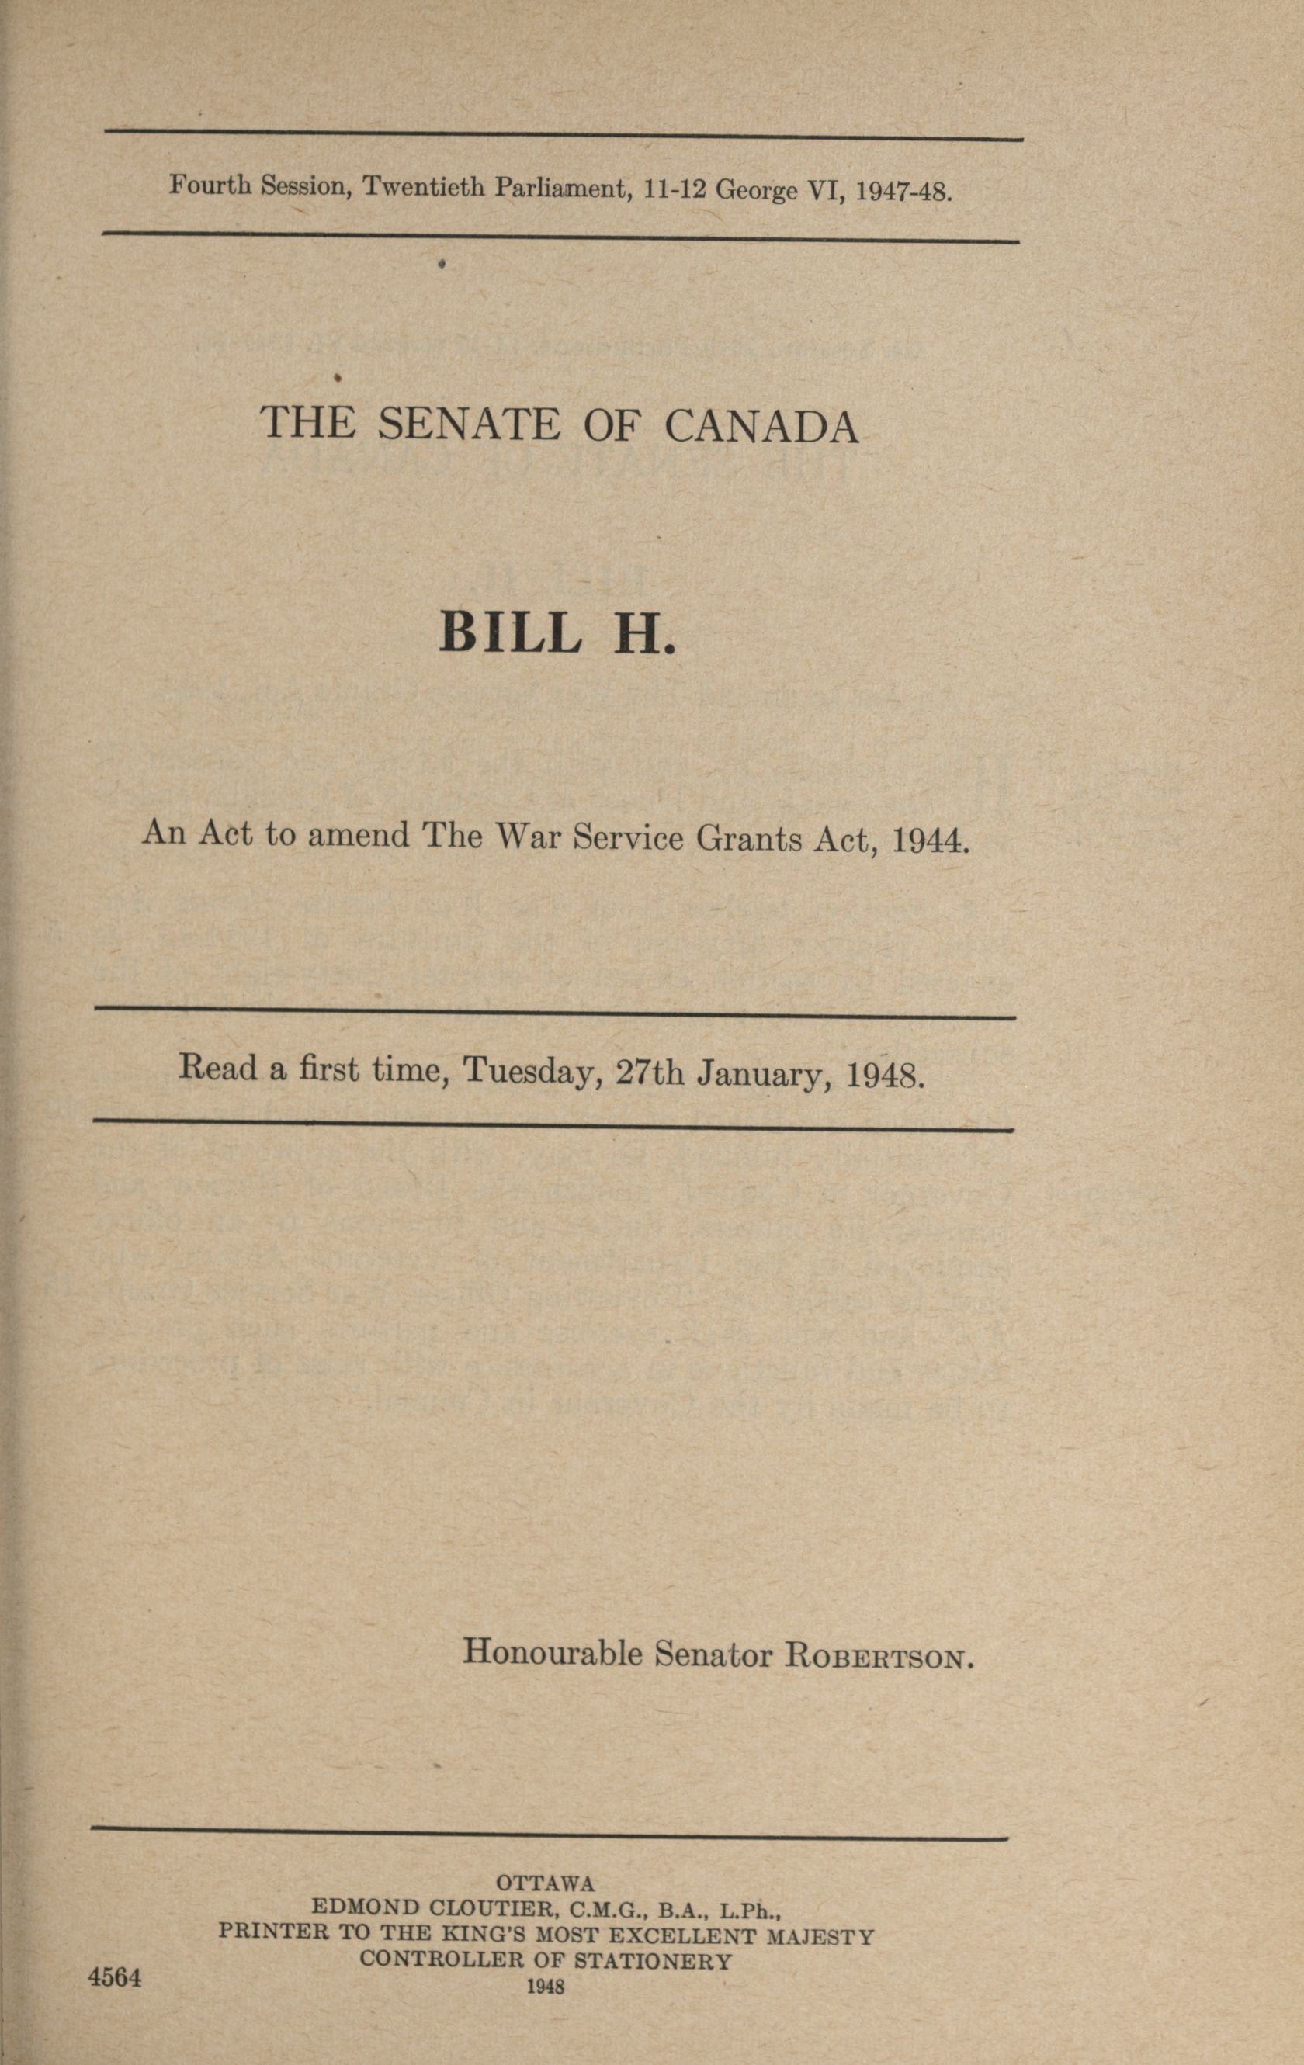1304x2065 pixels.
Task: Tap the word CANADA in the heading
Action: [761, 426]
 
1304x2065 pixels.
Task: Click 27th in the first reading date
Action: [650, 1071]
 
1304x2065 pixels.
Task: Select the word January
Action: [764, 1072]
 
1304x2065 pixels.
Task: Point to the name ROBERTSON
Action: [879, 1655]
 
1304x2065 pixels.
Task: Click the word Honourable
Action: [553, 1651]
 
